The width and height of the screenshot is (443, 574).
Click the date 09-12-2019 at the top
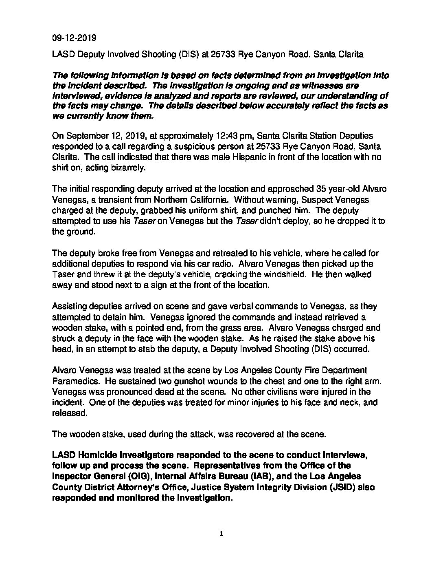point(74,38)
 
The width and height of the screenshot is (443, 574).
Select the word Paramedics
point(76,381)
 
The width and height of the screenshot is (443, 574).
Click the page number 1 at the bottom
point(221,534)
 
